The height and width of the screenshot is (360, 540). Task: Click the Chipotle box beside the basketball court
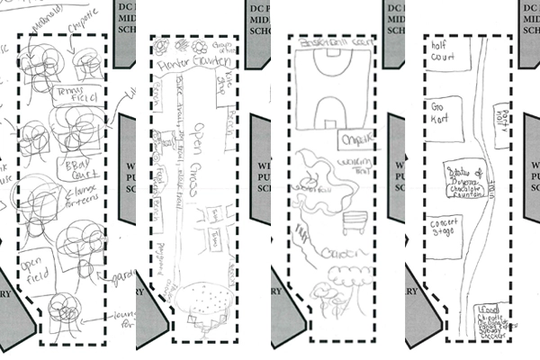coord(348,139)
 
